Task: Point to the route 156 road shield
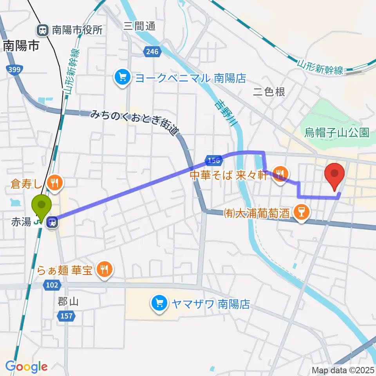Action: (x=213, y=161)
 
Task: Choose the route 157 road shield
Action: (x=66, y=315)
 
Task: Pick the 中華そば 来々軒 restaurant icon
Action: (x=280, y=172)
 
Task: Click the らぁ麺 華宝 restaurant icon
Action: (x=104, y=270)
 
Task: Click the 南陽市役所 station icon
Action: (x=42, y=29)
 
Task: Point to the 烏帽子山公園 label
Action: (x=337, y=133)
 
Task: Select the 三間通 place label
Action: (x=139, y=26)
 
